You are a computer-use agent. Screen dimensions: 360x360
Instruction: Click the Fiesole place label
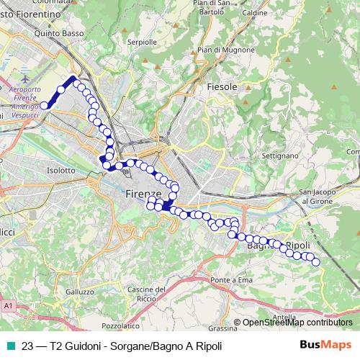tap(222, 86)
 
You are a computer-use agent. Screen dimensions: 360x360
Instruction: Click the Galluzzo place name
tap(79, 292)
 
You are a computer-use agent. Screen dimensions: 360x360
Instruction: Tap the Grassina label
tap(222, 328)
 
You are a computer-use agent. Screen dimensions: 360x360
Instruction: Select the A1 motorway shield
tap(9, 306)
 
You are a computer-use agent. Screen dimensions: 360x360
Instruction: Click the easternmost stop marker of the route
tap(315, 262)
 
